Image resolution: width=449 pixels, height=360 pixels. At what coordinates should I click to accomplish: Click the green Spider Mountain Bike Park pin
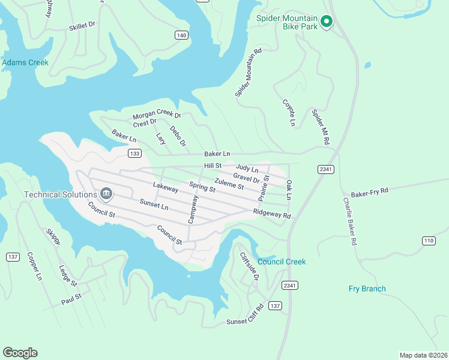[327, 22]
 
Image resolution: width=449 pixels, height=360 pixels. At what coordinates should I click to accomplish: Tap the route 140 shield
[181, 35]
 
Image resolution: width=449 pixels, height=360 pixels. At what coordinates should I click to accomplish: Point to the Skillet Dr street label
[82, 25]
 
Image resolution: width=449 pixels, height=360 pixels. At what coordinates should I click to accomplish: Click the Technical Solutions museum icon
[106, 193]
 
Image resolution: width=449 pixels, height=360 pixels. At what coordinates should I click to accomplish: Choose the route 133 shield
[134, 154]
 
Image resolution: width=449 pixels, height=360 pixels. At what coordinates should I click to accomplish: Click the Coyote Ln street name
[289, 112]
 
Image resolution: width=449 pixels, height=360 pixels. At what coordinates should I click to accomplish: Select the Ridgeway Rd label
[272, 214]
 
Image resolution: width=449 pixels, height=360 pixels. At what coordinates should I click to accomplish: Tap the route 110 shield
[428, 241]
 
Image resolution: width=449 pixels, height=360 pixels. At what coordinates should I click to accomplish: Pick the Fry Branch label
[367, 289]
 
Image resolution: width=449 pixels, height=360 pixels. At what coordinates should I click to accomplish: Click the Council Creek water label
[282, 262]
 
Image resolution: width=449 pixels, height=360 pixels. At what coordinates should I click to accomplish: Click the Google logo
[20, 353]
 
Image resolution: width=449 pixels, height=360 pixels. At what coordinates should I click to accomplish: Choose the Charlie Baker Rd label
[350, 221]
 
